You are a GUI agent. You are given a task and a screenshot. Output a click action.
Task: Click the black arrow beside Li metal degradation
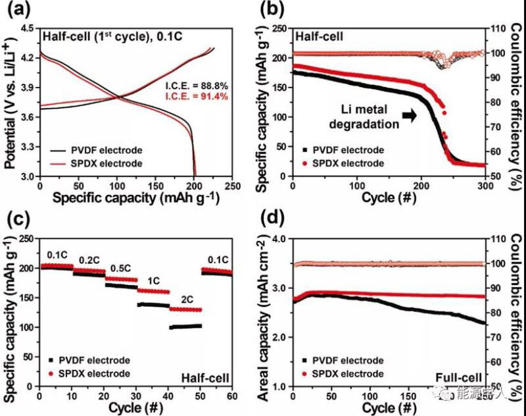click(409, 115)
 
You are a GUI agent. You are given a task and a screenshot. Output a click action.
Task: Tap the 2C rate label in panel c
click(179, 298)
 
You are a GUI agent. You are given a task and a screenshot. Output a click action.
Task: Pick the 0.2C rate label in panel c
click(89, 259)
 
